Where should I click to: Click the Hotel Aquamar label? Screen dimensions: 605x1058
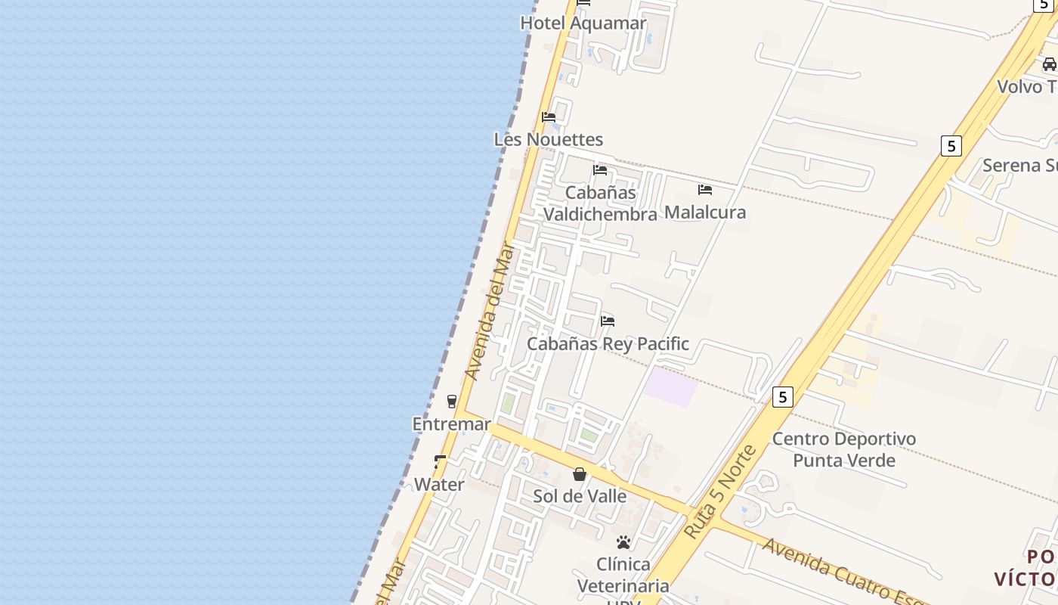pyautogui.click(x=583, y=23)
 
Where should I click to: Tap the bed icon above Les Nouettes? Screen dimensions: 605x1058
pyautogui.click(x=549, y=117)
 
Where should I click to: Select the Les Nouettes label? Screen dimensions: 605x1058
pyautogui.click(x=548, y=139)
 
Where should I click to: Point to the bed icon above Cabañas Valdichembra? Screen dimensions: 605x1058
pyautogui.click(x=600, y=170)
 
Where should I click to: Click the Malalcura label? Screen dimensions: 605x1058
pyautogui.click(x=705, y=213)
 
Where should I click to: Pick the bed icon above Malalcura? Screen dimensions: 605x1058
pyautogui.click(x=705, y=190)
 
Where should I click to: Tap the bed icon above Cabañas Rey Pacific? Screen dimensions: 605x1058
pyautogui.click(x=608, y=321)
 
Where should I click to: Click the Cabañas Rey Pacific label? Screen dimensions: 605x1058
pyautogui.click(x=608, y=344)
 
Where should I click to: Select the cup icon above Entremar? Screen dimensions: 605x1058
pyautogui.click(x=452, y=401)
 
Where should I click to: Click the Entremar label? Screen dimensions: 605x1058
pyautogui.click(x=451, y=424)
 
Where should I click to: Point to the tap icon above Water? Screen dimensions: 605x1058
pyautogui.click(x=440, y=461)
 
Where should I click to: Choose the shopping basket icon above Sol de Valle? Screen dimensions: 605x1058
pyautogui.click(x=580, y=474)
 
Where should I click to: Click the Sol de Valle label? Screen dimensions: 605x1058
pyautogui.click(x=580, y=496)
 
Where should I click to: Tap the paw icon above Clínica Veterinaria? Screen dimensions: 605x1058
pyautogui.click(x=623, y=542)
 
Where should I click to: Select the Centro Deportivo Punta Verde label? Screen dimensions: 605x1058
pyautogui.click(x=843, y=449)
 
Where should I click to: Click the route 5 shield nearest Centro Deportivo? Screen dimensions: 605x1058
pyautogui.click(x=782, y=396)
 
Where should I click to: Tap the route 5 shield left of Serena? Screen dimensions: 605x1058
pyautogui.click(x=951, y=145)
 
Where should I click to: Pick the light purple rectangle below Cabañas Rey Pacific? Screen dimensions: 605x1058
pyautogui.click(x=670, y=386)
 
